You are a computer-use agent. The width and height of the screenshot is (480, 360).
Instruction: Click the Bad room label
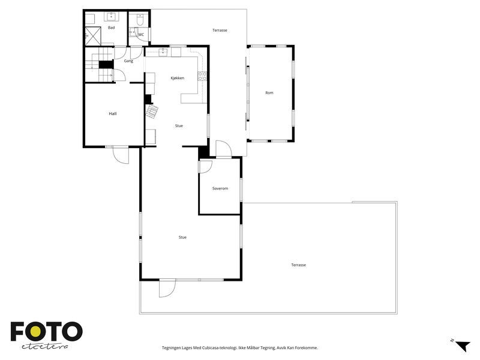pyautogui.click(x=112, y=28)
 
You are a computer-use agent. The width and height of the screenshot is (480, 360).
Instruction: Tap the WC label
pyautogui.click(x=141, y=35)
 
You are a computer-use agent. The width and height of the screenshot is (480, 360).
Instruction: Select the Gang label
pyautogui.click(x=128, y=61)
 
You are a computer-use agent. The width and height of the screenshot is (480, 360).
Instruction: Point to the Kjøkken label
pyautogui.click(x=178, y=78)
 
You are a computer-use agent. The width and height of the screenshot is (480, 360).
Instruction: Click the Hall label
pyautogui.click(x=113, y=114)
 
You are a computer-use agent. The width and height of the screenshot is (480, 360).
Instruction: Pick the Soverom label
pyautogui.click(x=220, y=188)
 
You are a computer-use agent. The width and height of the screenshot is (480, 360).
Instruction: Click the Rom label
pyautogui.click(x=269, y=93)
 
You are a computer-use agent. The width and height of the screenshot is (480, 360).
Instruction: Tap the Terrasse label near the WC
pyautogui.click(x=220, y=31)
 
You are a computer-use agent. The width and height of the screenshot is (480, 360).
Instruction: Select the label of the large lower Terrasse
pyautogui.click(x=298, y=265)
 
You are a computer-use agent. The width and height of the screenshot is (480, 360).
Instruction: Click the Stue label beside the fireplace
pyautogui.click(x=179, y=126)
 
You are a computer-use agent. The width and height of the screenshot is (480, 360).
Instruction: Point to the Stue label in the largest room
pyautogui.click(x=182, y=237)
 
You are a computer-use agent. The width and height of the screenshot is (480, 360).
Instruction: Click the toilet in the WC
pyautogui.click(x=140, y=20)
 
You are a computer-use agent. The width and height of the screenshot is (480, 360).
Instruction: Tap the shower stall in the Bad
pyautogui.click(x=93, y=36)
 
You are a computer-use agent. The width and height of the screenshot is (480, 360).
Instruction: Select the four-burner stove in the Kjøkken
pyautogui.click(x=202, y=76)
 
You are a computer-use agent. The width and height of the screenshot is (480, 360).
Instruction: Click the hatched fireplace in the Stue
pyautogui.click(x=152, y=112)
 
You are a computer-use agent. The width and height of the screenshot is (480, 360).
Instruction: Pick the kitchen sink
pyautogui.click(x=163, y=53)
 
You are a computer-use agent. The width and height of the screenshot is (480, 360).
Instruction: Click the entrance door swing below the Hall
pyautogui.click(x=121, y=155)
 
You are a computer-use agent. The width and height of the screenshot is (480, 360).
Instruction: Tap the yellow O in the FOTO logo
pyautogui.click(x=35, y=331)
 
